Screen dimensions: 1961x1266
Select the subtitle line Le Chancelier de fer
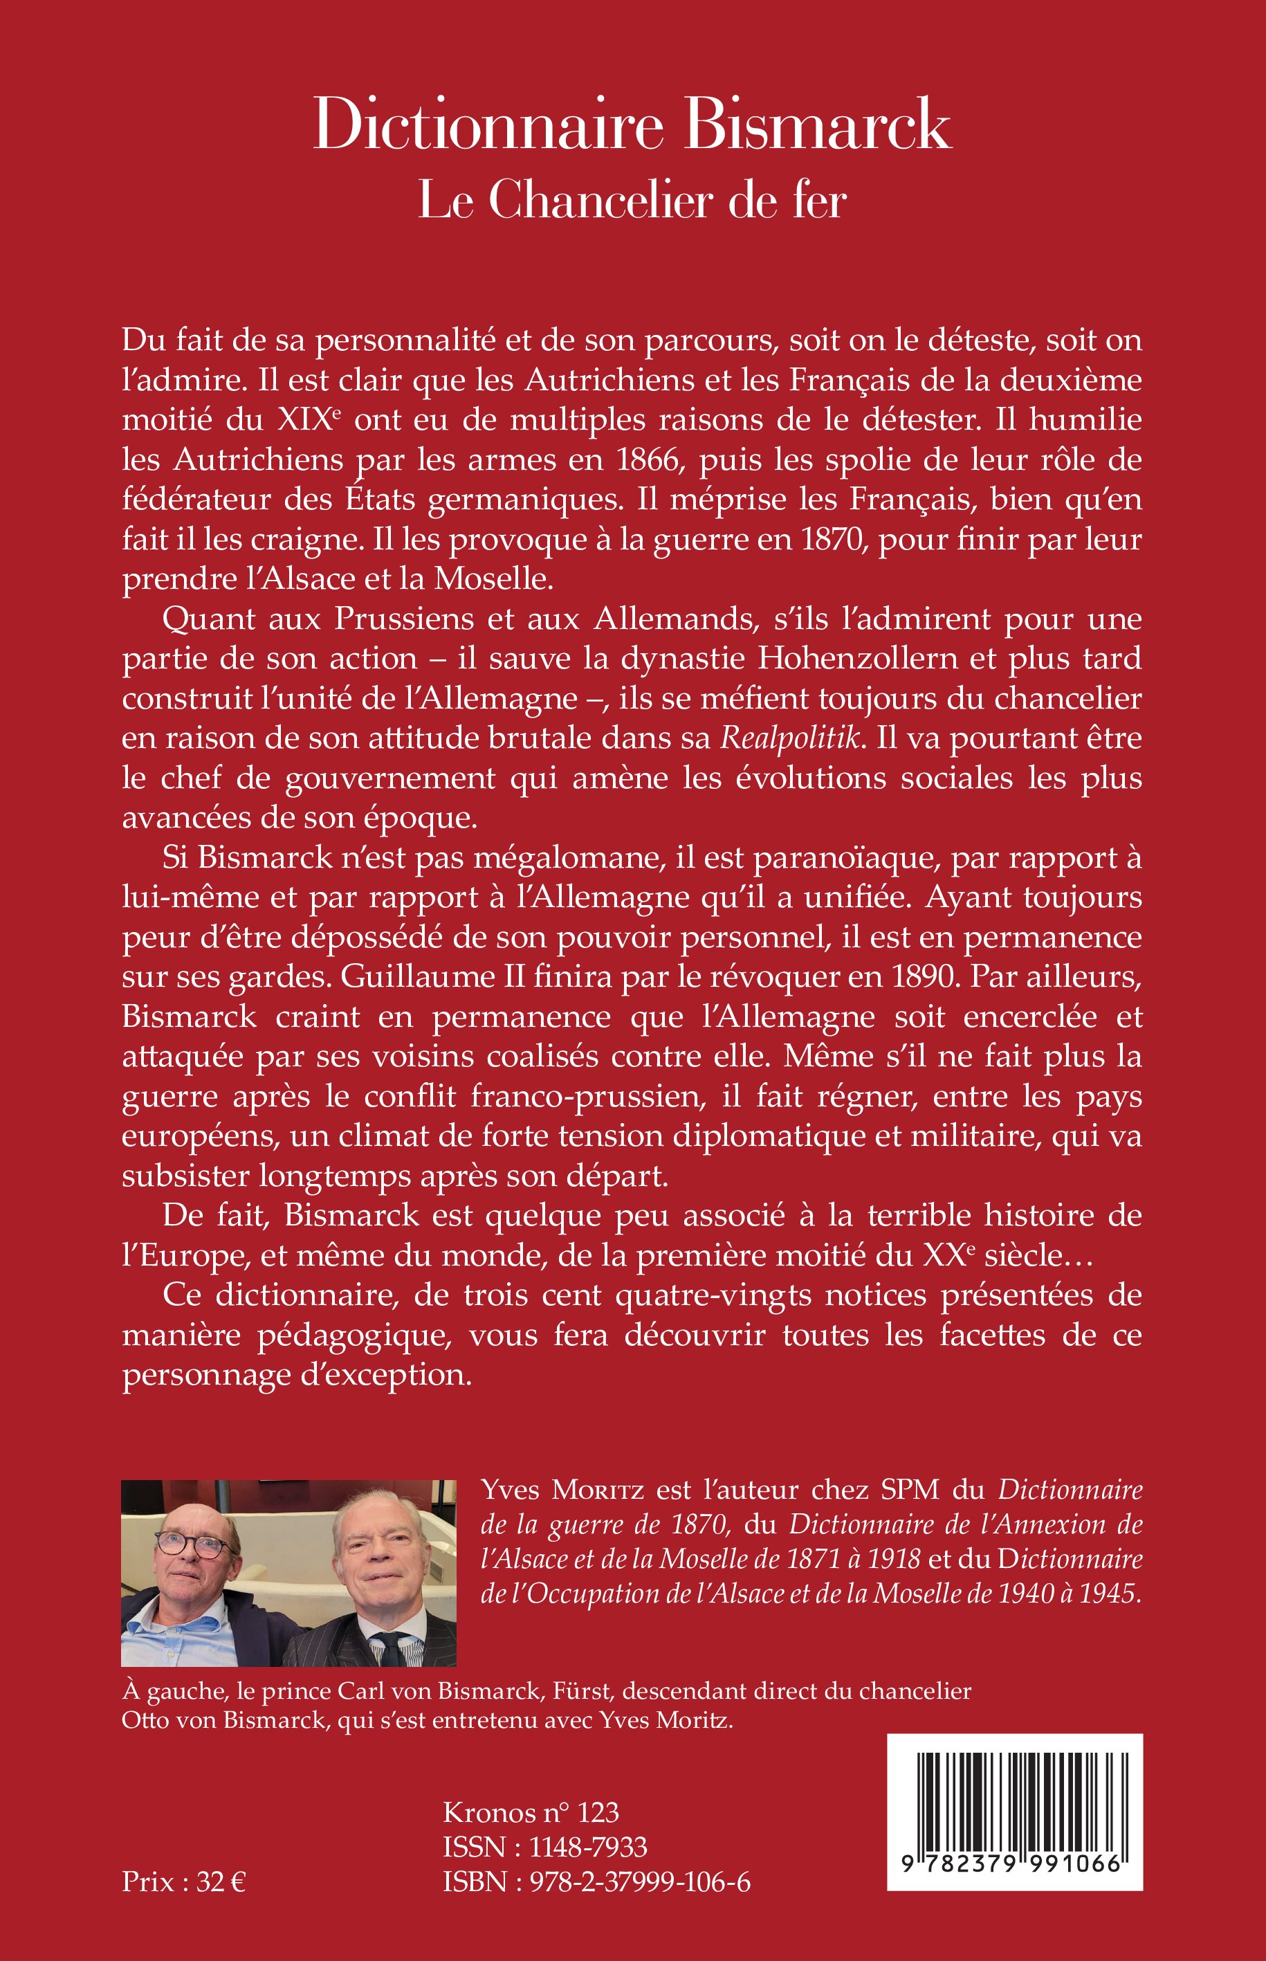(632, 200)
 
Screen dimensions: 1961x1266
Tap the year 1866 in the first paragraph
(651, 459)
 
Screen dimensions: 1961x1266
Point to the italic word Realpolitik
(791, 738)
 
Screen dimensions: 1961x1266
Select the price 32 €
(219, 1882)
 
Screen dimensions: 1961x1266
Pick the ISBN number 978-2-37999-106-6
(640, 1882)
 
